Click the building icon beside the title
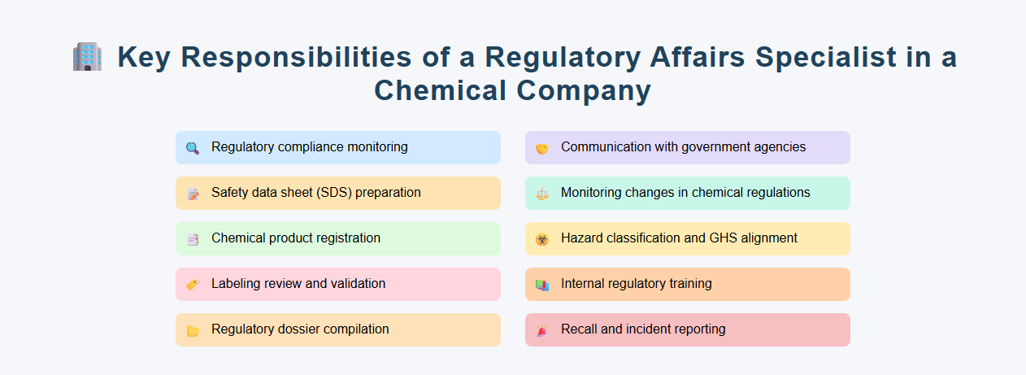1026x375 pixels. pyautogui.click(x=87, y=58)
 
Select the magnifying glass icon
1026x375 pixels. pyautogui.click(x=193, y=148)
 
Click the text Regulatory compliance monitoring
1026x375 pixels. pyautogui.click(x=309, y=147)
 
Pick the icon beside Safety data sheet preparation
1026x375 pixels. pyautogui.click(x=193, y=194)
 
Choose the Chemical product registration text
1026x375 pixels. pyautogui.click(x=296, y=238)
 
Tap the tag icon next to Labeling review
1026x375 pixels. pyautogui.click(x=193, y=285)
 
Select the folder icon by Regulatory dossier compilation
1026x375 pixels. pyautogui.click(x=193, y=330)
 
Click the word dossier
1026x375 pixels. pyautogui.click(x=296, y=329)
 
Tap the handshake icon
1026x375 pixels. pyautogui.click(x=542, y=148)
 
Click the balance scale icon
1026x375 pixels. pyautogui.click(x=542, y=194)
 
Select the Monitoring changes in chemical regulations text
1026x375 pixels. pyautogui.click(x=685, y=193)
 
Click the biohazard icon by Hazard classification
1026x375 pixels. pyautogui.click(x=542, y=239)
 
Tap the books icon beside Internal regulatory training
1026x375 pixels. pyautogui.click(x=542, y=285)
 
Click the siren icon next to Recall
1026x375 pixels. pyautogui.click(x=542, y=330)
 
